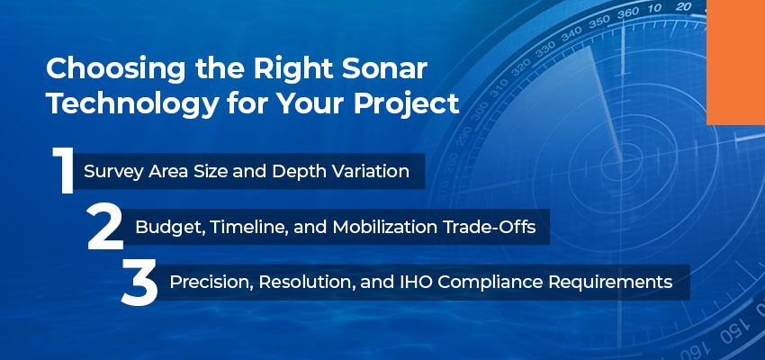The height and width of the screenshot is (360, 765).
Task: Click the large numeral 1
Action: coord(63,170)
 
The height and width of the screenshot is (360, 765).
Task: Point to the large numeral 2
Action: coord(105,227)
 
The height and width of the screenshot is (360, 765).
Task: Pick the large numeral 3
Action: coord(139,283)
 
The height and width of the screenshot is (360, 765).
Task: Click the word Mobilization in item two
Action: coord(383,227)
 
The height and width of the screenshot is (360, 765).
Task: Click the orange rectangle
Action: coord(735,62)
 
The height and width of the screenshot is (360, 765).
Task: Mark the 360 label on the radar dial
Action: coord(628,14)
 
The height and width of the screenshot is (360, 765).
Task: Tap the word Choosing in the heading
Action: coord(115,71)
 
